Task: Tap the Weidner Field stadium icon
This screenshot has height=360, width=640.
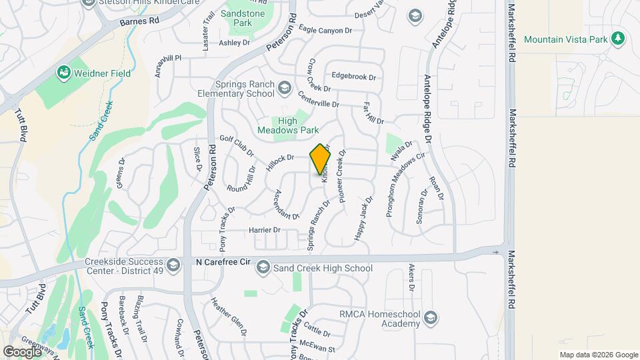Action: click(x=64, y=71)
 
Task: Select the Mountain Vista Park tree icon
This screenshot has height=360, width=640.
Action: click(x=619, y=39)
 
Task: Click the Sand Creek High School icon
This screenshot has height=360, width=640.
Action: click(x=263, y=268)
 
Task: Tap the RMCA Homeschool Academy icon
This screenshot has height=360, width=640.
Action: click(x=429, y=317)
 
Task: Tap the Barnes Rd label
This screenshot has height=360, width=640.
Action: click(x=140, y=21)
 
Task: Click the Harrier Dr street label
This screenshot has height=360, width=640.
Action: click(x=264, y=230)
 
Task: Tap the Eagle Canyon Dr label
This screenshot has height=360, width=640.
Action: click(x=325, y=31)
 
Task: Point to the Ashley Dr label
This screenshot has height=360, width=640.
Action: click(x=234, y=43)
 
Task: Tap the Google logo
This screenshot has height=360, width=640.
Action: click(x=22, y=351)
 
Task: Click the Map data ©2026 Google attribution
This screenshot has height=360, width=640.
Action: click(x=598, y=355)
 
